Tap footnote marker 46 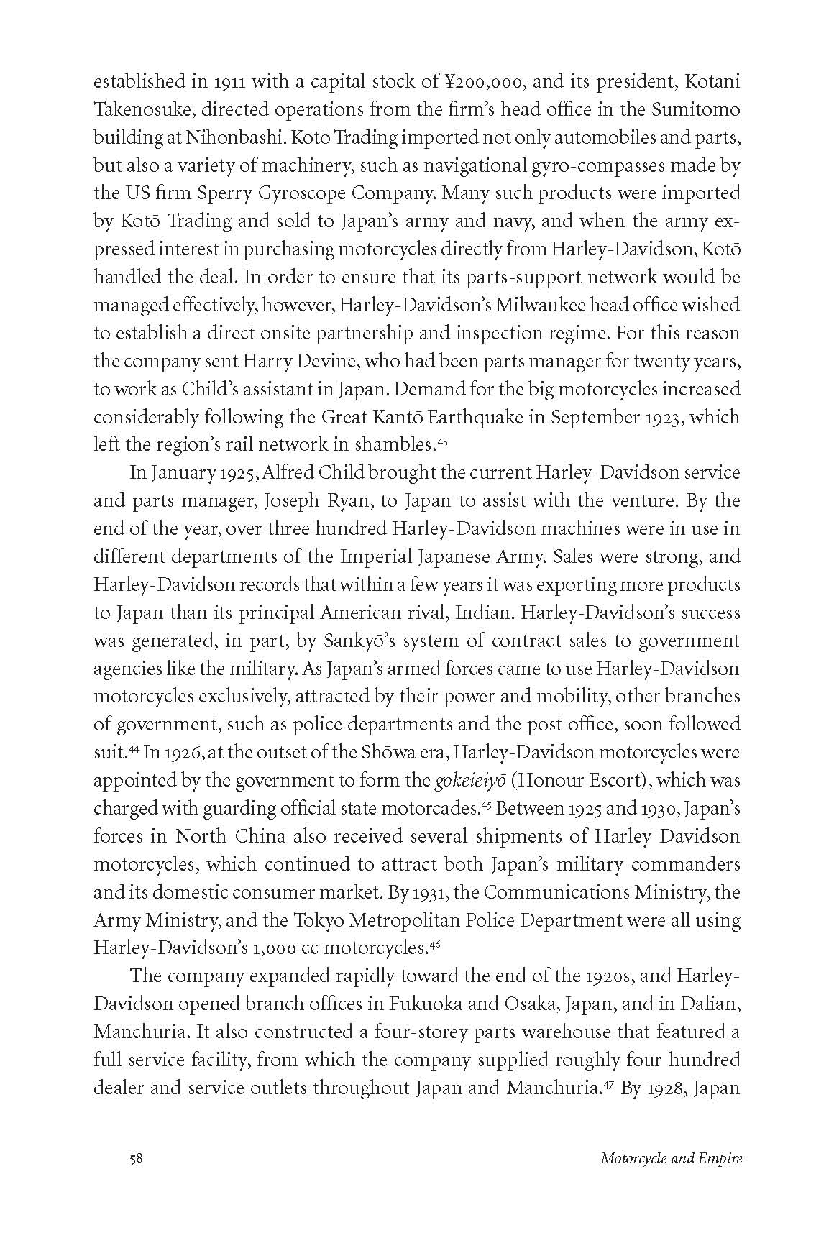(434, 945)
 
